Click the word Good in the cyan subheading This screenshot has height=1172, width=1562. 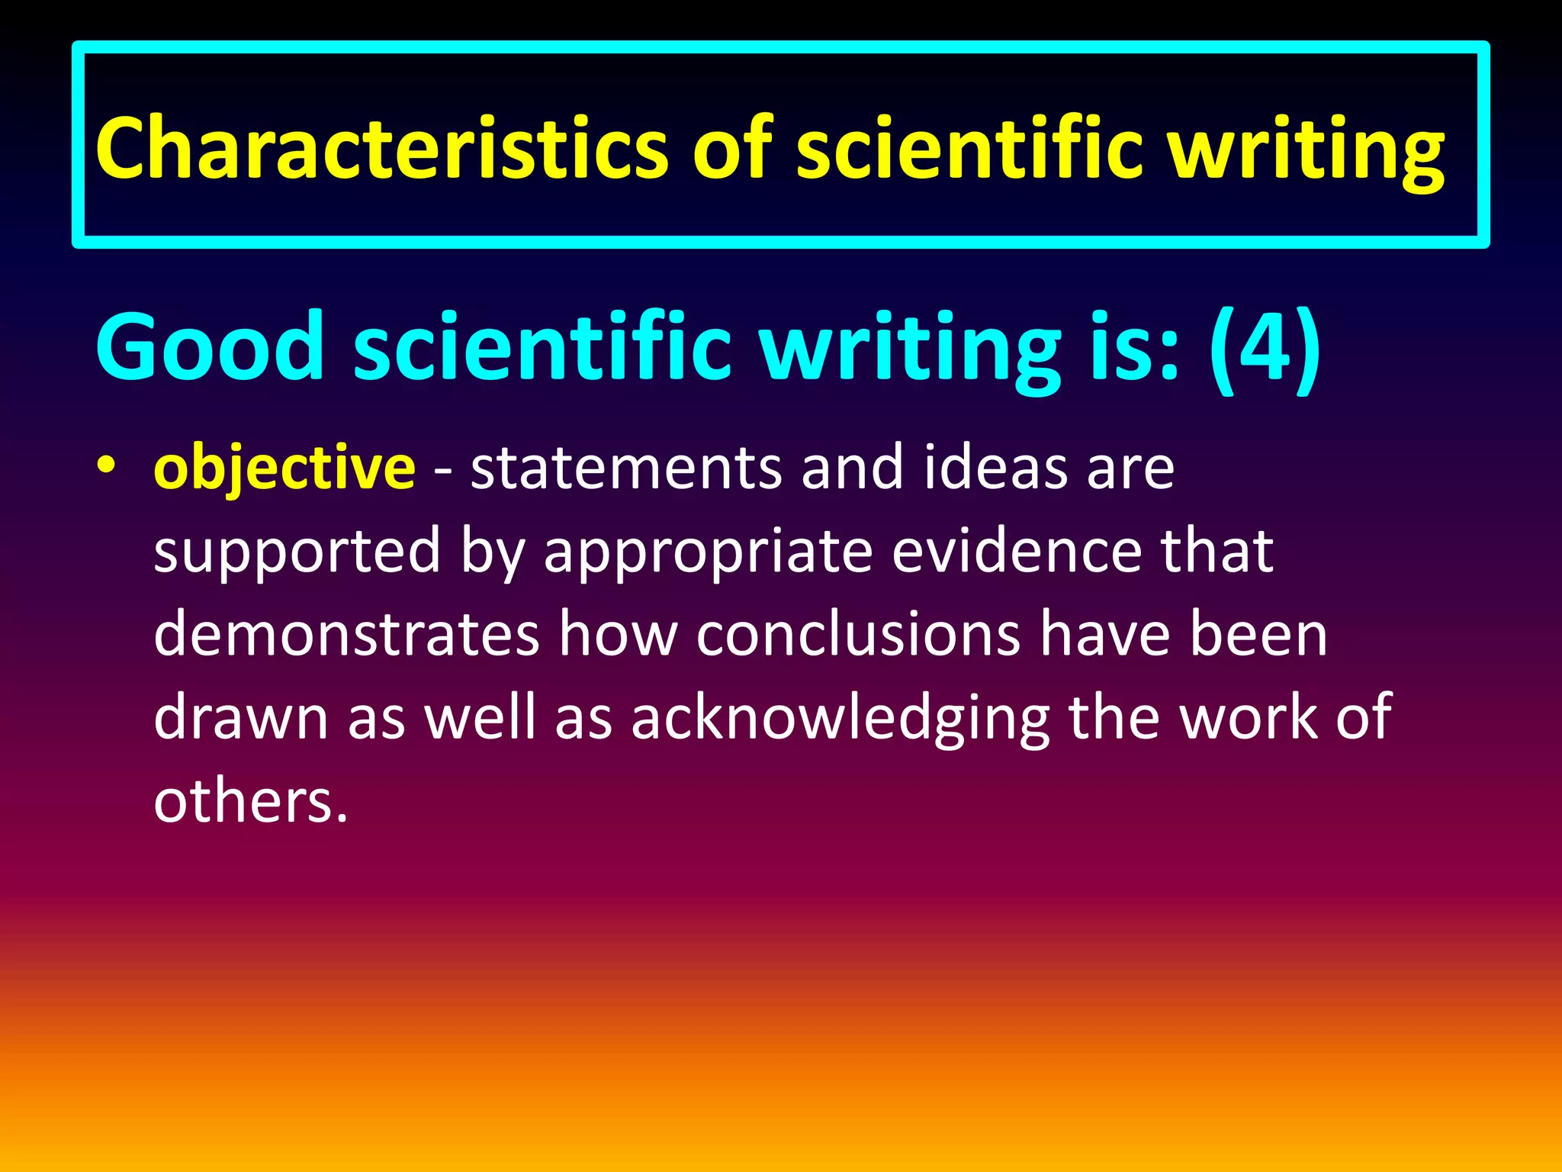(211, 346)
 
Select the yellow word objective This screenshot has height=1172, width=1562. (284, 468)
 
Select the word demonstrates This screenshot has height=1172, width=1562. (346, 634)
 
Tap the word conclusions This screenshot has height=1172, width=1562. (858, 634)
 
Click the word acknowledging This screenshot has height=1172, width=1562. (840, 719)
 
